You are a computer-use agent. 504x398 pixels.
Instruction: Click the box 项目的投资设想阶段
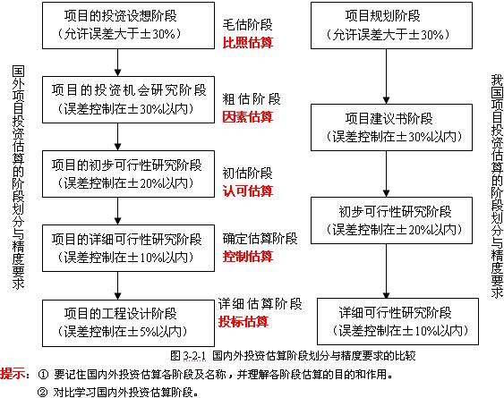click(128, 25)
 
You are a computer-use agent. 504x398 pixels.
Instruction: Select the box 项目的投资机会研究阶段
click(128, 99)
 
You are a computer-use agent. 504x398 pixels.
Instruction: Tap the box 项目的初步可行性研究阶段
click(128, 174)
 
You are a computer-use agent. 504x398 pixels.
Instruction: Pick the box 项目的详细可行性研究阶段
click(128, 248)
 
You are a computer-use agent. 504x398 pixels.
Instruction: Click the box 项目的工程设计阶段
click(128, 323)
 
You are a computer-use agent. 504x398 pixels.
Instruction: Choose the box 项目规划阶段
click(391, 25)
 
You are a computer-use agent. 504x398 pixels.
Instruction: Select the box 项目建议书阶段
click(391, 127)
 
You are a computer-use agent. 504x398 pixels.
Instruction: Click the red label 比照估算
click(247, 42)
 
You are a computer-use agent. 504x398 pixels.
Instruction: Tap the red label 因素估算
click(247, 117)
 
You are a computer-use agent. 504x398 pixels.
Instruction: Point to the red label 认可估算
click(247, 191)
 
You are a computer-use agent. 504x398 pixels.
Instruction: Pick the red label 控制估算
click(247, 257)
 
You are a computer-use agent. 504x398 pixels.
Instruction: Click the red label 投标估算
click(243, 322)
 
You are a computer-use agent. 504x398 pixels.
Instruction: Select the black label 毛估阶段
click(247, 25)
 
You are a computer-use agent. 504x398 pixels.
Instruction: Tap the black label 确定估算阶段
click(260, 239)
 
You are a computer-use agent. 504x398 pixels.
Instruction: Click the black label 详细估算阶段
click(260, 304)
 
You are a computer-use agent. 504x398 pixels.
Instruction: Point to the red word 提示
click(13, 374)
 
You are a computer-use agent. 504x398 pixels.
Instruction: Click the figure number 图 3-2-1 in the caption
click(188, 356)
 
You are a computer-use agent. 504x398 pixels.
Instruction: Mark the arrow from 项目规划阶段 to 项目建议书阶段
click(387, 76)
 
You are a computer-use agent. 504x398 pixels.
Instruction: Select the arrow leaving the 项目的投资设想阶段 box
click(117, 63)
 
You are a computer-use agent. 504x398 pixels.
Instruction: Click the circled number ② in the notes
click(42, 393)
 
